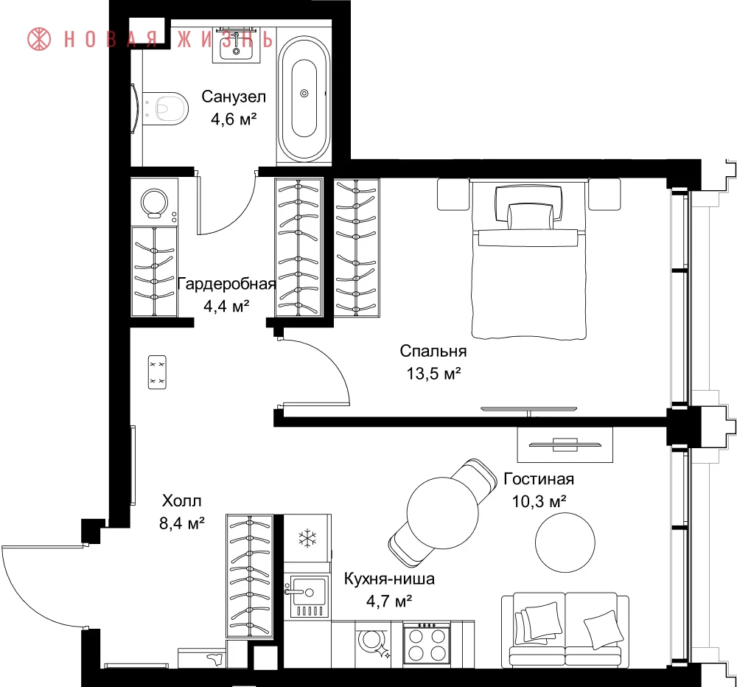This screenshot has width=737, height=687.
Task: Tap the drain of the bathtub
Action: point(304,94)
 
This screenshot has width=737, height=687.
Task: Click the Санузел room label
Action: point(234,97)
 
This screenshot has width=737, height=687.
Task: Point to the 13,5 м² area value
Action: point(433,374)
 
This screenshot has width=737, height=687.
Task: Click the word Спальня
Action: point(433,351)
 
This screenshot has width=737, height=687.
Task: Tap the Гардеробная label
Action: point(226,284)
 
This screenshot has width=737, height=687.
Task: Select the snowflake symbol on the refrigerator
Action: point(307,537)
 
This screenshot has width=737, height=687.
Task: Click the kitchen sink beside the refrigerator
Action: point(306,596)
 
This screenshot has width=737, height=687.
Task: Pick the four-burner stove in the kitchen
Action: point(427,644)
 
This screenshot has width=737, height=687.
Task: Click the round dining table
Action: point(443,512)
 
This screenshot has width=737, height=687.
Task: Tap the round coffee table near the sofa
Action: point(565,543)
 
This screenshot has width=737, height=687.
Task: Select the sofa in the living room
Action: point(565,630)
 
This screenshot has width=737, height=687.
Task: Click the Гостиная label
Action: point(539,478)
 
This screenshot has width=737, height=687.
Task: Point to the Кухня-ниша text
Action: point(389,579)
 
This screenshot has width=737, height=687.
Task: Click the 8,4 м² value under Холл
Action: point(182,523)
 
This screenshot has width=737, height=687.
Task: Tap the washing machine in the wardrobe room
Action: point(154,202)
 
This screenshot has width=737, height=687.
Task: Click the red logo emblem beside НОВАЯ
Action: point(39,38)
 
